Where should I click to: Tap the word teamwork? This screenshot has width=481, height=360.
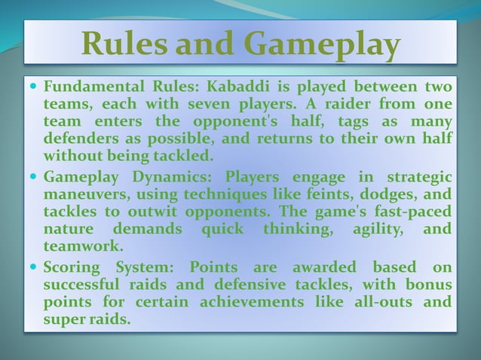(81, 246)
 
